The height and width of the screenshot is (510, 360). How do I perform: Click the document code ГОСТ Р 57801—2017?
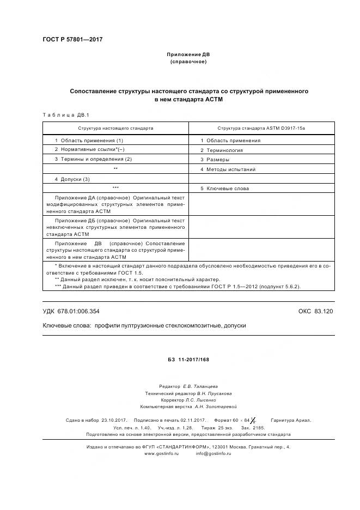72,40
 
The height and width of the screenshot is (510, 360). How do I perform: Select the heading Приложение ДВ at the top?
188,55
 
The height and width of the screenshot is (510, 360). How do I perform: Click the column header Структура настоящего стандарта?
115,128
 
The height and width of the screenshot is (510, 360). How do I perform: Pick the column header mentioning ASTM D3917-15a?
261,128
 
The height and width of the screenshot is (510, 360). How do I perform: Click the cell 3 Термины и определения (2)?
93,159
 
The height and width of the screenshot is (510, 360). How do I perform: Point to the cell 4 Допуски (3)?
72,179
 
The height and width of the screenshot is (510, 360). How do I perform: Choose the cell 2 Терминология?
221,150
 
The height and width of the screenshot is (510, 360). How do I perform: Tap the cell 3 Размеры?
215,160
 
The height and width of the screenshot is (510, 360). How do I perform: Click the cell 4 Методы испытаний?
228,169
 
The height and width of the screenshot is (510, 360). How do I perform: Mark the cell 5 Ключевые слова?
224,189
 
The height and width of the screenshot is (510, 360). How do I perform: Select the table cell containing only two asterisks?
115,169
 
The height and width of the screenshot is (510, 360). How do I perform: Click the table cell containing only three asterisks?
115,189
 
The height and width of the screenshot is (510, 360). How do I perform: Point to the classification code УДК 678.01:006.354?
71,311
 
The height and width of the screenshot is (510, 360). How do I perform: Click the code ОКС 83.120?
315,311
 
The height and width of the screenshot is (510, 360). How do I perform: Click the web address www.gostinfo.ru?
161,453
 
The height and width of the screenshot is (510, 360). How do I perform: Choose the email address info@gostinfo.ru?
213,453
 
